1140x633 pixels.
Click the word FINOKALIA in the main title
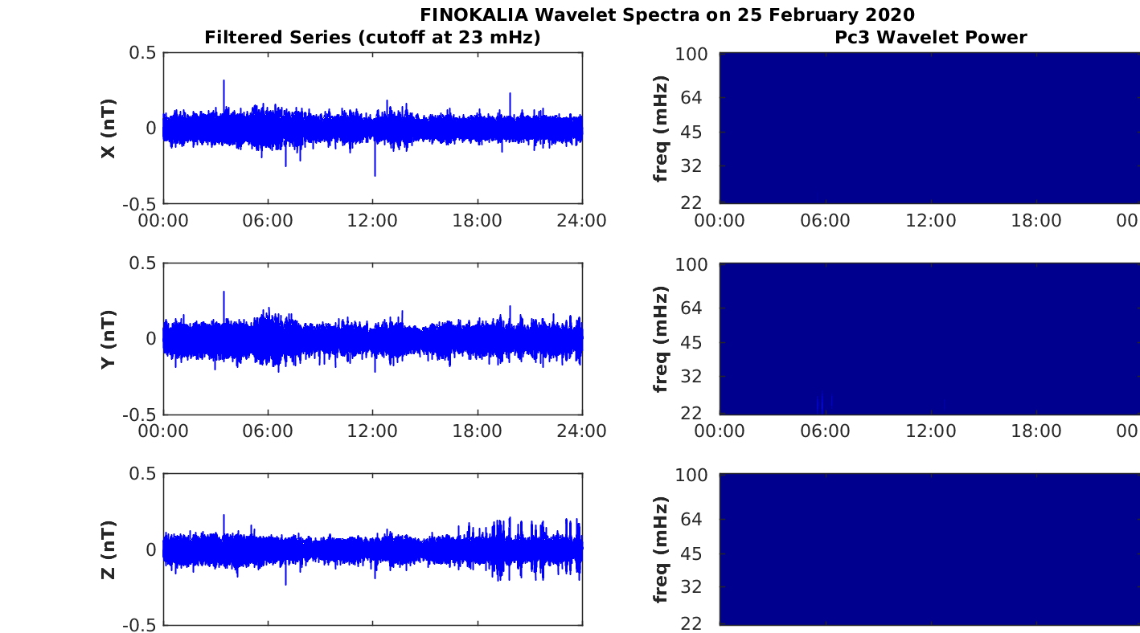[x=474, y=14]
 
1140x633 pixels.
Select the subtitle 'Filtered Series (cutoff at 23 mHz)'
[x=372, y=38]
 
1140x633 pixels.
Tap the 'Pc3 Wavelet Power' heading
[x=931, y=37]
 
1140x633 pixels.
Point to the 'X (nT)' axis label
[x=109, y=129]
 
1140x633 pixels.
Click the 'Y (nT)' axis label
[x=109, y=339]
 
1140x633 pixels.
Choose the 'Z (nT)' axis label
[x=109, y=550]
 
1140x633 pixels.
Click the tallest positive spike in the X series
[x=223, y=81]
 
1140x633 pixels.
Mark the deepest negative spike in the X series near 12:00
[x=375, y=175]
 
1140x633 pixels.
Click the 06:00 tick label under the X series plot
[x=268, y=221]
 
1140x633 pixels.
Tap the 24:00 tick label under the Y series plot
[x=582, y=431]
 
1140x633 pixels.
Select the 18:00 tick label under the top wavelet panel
[x=1036, y=221]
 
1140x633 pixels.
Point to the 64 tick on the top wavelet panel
[x=691, y=97]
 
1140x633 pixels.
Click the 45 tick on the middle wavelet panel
[x=691, y=342]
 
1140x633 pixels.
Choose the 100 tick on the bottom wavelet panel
[x=691, y=475]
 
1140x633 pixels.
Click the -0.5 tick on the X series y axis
[x=139, y=204]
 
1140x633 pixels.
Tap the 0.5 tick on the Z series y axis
[x=142, y=473]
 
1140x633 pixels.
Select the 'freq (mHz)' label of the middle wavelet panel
[x=661, y=339]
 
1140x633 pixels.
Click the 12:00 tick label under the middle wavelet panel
[x=931, y=431]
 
